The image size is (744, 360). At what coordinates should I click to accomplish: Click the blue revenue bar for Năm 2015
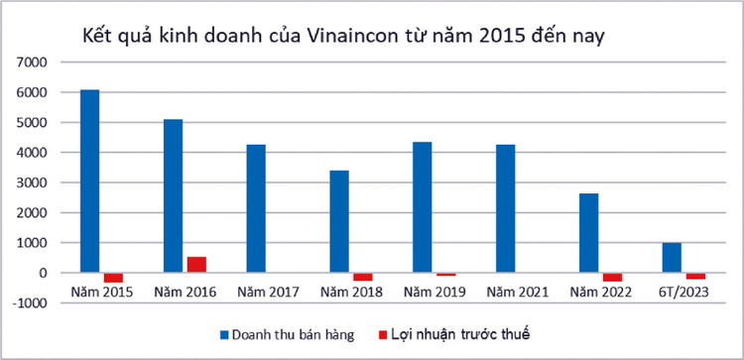tap(89, 180)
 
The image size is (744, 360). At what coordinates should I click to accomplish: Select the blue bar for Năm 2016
tap(173, 195)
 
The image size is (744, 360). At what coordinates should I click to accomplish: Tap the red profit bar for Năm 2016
tap(195, 264)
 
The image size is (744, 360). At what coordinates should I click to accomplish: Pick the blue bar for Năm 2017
tap(256, 208)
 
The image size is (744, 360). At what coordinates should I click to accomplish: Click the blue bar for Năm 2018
tap(339, 221)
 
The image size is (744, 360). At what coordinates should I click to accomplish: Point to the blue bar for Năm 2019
tap(423, 206)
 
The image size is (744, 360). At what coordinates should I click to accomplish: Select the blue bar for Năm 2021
tap(506, 208)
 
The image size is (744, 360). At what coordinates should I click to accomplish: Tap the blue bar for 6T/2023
tap(673, 257)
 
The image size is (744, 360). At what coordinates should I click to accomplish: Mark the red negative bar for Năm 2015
tap(113, 278)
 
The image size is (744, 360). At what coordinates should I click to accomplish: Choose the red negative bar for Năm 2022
tap(612, 277)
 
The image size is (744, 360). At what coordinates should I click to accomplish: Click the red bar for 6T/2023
tap(695, 276)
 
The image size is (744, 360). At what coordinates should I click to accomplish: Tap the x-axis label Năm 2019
tap(434, 291)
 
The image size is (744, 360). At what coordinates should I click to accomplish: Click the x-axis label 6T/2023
tap(683, 291)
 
